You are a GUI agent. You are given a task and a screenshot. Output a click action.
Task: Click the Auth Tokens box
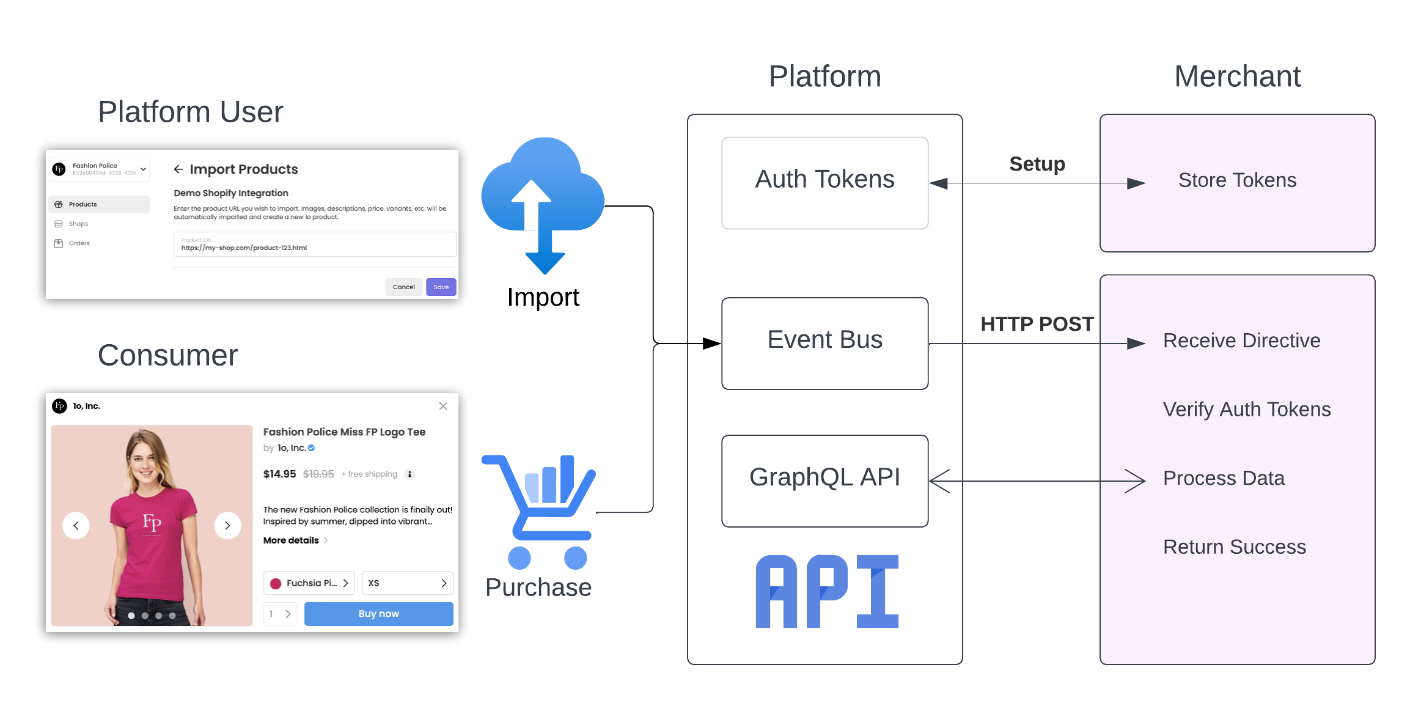coord(824,182)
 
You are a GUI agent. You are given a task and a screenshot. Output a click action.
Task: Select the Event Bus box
coord(824,342)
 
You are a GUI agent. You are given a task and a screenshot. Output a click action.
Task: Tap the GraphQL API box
coord(824,480)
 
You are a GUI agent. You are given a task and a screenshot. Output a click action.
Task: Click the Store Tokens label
coord(1236,180)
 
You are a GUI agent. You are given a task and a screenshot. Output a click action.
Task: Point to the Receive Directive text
coord(1241,341)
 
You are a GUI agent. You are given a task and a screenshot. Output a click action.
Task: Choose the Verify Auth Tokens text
coord(1246,410)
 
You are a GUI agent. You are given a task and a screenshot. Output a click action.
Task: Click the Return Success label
coord(1233,547)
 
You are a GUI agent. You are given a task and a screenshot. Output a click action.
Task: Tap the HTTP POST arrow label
coord(1037,324)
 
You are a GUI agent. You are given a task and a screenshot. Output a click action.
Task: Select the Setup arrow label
coord(1037,164)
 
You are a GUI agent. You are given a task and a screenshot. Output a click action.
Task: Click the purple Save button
coord(441,287)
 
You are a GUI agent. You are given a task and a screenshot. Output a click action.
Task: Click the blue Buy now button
coord(378,614)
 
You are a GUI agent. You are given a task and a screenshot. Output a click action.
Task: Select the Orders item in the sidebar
coord(79,243)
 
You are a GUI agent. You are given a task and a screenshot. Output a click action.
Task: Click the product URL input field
coord(314,245)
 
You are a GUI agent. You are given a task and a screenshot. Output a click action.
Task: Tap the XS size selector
coord(406,583)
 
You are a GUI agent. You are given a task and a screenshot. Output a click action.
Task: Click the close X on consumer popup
coord(443,406)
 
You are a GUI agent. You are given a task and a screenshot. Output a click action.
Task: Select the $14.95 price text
coord(279,474)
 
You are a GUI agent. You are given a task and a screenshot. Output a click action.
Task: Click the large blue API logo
coord(826,591)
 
